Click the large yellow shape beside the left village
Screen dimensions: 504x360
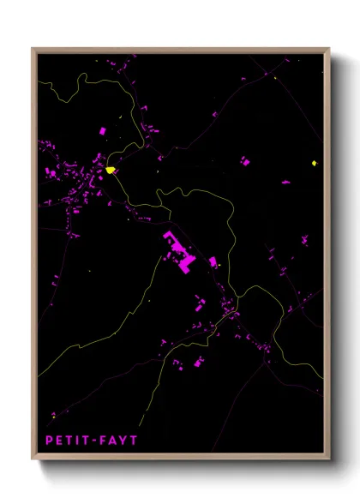111,170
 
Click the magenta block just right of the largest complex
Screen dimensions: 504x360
213,262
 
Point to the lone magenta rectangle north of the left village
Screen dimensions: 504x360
103,131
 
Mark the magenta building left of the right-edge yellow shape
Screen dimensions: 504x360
245,160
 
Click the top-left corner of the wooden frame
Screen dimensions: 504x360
33,48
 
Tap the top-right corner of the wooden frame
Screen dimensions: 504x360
329,48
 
